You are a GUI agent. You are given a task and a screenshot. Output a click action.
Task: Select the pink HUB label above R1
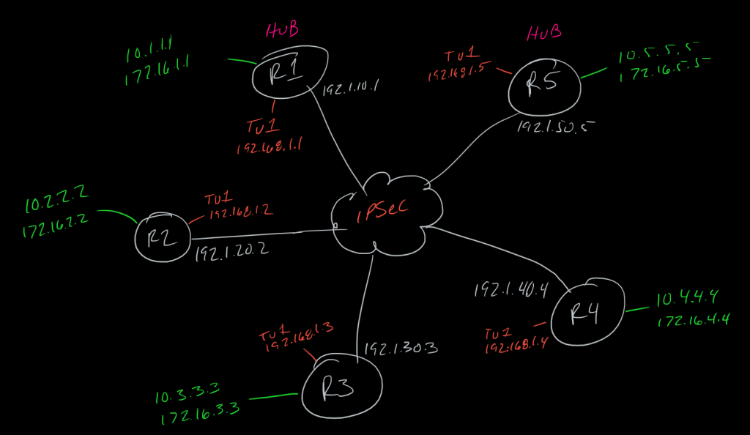tap(282, 31)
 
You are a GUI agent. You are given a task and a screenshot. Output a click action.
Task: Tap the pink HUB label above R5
tap(544, 33)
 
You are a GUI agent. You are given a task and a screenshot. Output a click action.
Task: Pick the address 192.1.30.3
tap(400, 348)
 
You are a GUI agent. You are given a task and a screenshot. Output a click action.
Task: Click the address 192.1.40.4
tap(512, 289)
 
